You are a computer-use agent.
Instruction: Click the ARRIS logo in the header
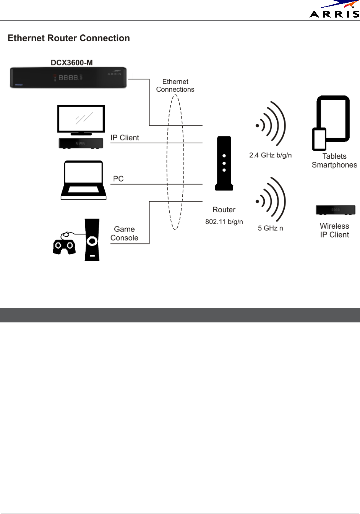(334, 10)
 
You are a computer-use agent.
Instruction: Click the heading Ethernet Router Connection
(69, 38)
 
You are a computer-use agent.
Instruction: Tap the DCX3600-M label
(72, 62)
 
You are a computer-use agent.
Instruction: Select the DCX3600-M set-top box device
(68, 78)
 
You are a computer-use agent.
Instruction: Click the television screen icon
(81, 119)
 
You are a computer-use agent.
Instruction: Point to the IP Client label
(125, 138)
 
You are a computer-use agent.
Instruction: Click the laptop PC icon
(83, 180)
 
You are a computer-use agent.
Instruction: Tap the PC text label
(118, 179)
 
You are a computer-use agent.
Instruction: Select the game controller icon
(63, 245)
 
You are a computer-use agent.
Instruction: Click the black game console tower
(92, 240)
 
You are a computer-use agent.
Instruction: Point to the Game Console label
(124, 233)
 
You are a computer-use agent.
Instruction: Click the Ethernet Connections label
(175, 86)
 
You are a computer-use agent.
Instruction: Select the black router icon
(224, 163)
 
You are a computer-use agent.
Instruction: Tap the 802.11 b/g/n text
(224, 222)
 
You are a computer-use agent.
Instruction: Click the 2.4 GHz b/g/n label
(270, 155)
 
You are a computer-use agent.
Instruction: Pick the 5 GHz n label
(270, 228)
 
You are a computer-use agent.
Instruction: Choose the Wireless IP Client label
(334, 230)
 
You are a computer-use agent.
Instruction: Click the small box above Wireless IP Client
(335, 210)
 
